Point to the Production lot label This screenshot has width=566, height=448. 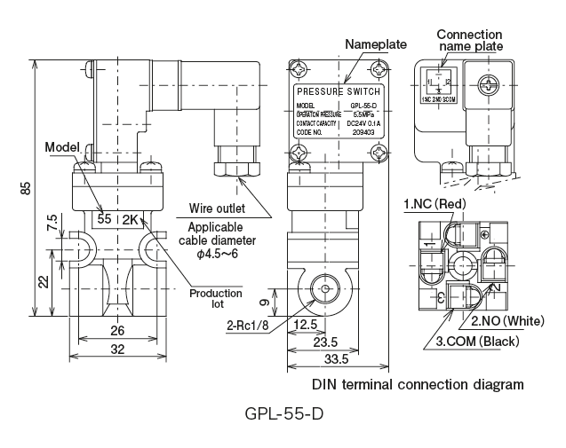(219, 299)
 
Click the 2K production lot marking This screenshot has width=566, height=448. (131, 219)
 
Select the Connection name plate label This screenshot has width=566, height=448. (469, 40)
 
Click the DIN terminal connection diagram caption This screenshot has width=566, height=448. (418, 385)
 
